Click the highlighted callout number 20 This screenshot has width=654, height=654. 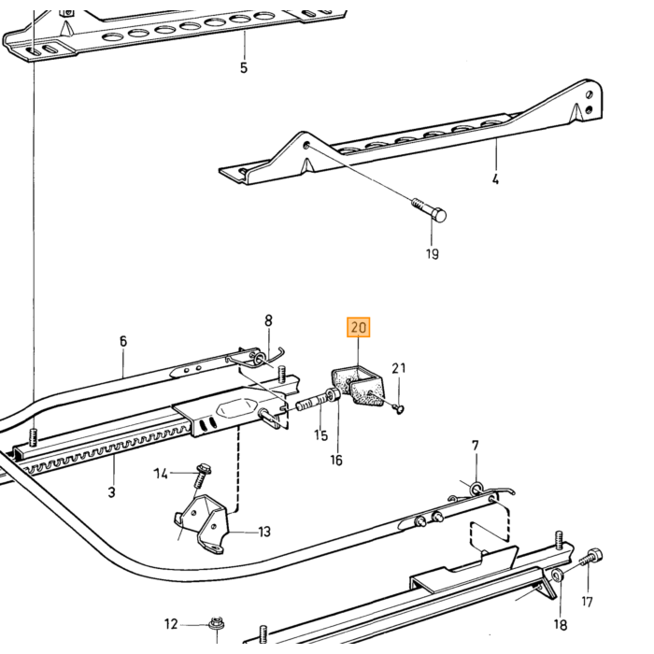point(358,327)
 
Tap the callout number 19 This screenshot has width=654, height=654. point(433,253)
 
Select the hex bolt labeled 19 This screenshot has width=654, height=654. point(429,210)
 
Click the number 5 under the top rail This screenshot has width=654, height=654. point(244,67)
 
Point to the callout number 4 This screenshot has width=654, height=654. point(495,179)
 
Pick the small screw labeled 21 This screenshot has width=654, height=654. point(398,409)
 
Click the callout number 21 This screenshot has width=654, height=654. point(399,368)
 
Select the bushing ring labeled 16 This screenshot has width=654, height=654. point(334,395)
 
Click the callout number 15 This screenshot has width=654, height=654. point(321,435)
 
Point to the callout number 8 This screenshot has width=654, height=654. point(269,320)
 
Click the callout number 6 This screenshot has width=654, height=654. point(123,341)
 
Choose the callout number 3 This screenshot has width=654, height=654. point(111,492)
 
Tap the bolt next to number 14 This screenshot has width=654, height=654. point(203,476)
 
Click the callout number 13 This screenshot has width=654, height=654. point(264,532)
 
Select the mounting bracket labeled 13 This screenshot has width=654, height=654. point(203,524)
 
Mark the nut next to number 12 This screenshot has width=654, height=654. point(217,624)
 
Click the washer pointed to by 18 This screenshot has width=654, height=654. point(558,576)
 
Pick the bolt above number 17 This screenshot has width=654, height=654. point(591,558)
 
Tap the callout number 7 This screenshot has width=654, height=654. point(476,446)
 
